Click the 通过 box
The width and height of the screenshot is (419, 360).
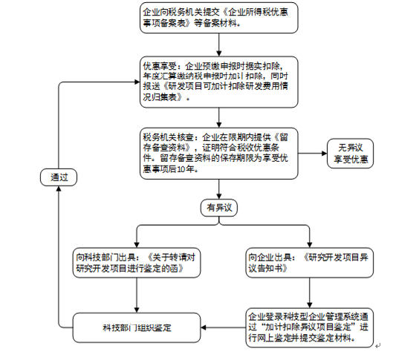click(x=59, y=177)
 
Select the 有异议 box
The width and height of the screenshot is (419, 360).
click(x=219, y=208)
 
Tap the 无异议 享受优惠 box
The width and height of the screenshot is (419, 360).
click(x=351, y=154)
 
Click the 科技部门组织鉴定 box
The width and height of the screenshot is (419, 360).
click(x=137, y=327)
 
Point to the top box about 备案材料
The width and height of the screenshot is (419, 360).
click(x=219, y=18)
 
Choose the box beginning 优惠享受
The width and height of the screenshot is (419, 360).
click(x=219, y=82)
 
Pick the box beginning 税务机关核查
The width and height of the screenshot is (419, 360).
click(x=219, y=154)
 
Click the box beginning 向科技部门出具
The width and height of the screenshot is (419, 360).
click(x=137, y=263)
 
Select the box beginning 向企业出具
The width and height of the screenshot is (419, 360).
click(x=310, y=263)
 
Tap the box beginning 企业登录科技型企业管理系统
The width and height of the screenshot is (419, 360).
click(x=310, y=327)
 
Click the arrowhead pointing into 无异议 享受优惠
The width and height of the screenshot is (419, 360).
click(x=325, y=154)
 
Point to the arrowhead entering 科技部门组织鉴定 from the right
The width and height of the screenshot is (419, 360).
click(x=204, y=327)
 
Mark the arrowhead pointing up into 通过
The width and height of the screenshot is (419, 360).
click(x=59, y=189)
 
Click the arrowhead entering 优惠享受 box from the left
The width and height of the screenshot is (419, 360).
click(x=137, y=82)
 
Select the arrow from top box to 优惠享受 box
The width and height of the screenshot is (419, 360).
click(x=219, y=45)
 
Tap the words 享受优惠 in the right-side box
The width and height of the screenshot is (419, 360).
click(x=351, y=160)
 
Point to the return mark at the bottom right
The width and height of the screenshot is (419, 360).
click(x=377, y=346)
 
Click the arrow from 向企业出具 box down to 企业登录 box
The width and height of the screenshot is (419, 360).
click(x=310, y=293)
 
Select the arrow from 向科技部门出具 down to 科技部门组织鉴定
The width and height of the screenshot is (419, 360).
click(x=137, y=295)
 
